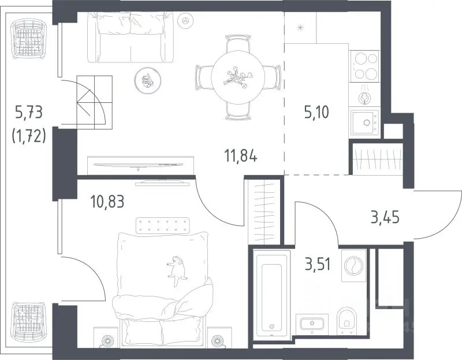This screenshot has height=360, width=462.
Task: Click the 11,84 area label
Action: pos(241,156)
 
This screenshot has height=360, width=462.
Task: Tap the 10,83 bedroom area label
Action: pos(107,202)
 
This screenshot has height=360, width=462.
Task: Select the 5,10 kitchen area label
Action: pos(316,112)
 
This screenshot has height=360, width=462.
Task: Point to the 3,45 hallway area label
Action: pos(385,218)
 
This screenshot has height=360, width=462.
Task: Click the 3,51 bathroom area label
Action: pos(318,264)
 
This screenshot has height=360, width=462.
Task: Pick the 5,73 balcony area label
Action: pos(28,113)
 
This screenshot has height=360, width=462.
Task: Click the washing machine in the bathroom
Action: pos(353,265)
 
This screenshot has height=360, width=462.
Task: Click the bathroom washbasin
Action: pos(312,323)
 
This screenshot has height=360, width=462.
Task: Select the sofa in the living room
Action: pos(131,38)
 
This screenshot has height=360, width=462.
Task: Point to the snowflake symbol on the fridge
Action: pos(300,28)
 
